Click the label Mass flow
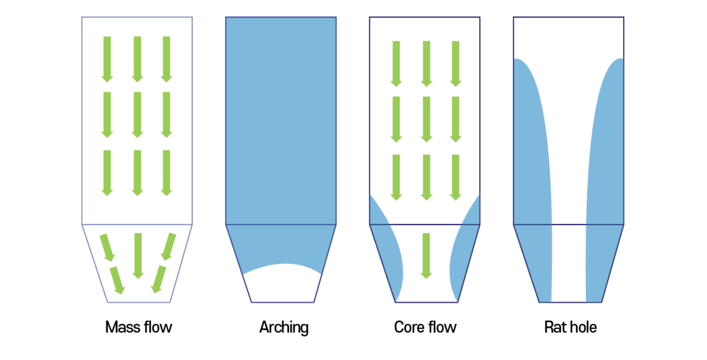138,327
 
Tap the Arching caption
284,327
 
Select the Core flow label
425,327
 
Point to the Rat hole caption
570,327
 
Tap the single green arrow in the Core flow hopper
426,255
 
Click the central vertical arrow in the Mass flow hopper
138,255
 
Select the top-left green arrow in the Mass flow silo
108,59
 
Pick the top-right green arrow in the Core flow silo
456,63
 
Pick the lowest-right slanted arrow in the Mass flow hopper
159,280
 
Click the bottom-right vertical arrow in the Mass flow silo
167,173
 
